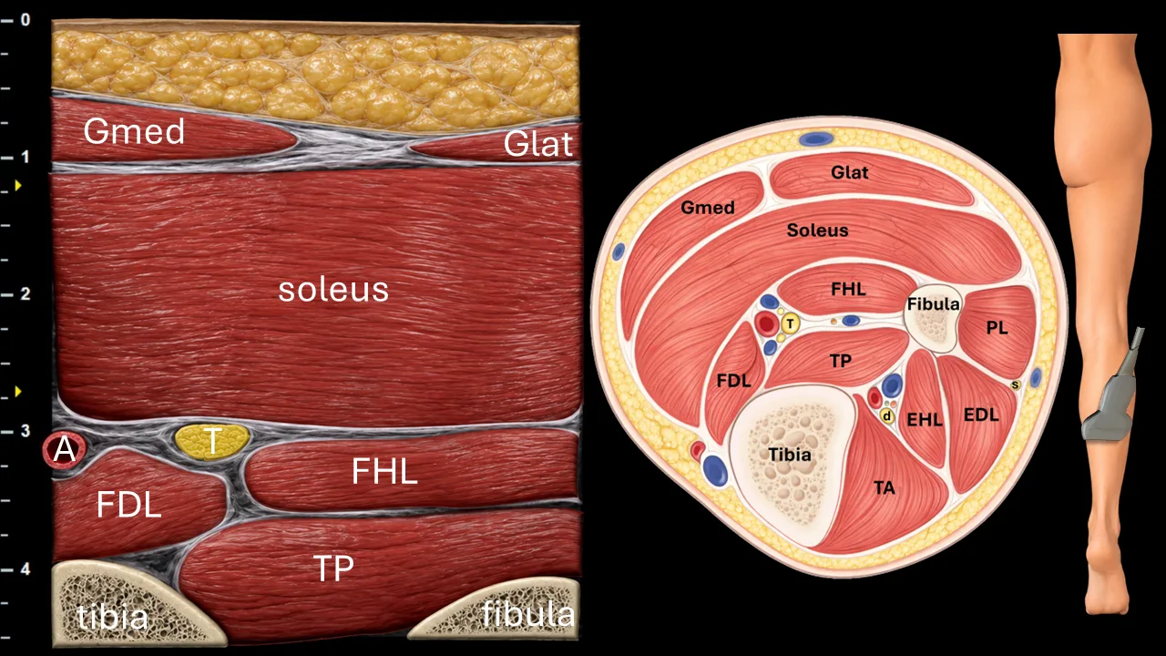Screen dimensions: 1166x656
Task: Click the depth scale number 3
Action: (25, 431)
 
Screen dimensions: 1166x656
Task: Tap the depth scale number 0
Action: (26, 20)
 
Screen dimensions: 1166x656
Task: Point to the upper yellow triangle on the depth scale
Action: (18, 185)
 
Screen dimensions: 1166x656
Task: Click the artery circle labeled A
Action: (65, 449)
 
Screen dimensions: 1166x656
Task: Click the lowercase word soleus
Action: (333, 290)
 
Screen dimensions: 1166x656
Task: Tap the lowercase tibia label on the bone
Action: (112, 618)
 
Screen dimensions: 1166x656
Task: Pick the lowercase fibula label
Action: (527, 613)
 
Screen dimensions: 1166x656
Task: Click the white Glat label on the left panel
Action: (537, 144)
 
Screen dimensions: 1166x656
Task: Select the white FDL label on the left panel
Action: (128, 504)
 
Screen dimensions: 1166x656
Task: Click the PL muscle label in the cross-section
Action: (997, 328)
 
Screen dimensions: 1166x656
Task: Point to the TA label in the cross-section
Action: (885, 487)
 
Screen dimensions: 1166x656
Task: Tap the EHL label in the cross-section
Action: (925, 420)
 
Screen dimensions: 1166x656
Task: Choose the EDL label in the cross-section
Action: (981, 415)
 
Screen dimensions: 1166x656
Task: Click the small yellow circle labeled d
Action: (887, 416)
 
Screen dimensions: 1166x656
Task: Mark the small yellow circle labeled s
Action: (1015, 385)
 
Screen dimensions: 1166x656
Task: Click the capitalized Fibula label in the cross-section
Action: (933, 304)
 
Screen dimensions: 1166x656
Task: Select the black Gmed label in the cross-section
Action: (708, 208)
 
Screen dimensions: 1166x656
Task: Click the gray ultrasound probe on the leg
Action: (1111, 395)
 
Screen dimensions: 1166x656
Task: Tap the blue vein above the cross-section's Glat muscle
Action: (816, 139)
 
